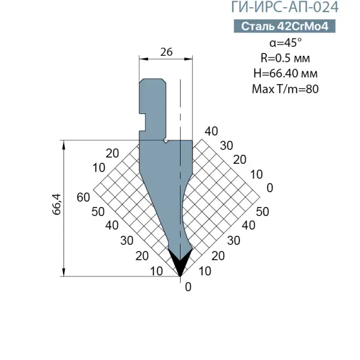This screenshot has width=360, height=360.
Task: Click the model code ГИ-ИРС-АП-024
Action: click(x=284, y=7)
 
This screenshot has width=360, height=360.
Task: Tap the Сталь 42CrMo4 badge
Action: click(x=284, y=26)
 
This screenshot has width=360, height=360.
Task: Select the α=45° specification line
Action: click(x=286, y=43)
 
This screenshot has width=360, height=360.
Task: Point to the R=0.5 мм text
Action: click(x=285, y=58)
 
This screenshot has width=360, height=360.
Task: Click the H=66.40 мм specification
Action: click(x=286, y=73)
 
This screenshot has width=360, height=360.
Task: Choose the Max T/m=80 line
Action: click(x=285, y=89)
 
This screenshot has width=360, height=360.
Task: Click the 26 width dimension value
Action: click(x=166, y=52)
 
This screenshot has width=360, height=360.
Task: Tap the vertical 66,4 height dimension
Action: click(x=56, y=205)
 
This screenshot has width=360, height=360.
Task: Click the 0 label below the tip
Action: click(x=188, y=287)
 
